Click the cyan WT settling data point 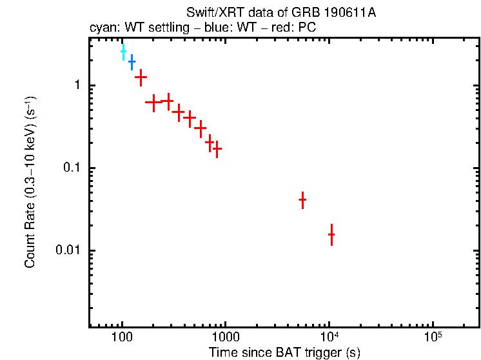click(x=123, y=52)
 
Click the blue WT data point click(x=132, y=62)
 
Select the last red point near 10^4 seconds click(x=331, y=235)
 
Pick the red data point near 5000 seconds click(x=302, y=200)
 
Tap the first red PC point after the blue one click(x=141, y=77)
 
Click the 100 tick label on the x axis click(x=122, y=339)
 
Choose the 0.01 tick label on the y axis click(x=68, y=250)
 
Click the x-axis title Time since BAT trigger click(x=284, y=352)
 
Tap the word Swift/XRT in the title click(x=210, y=14)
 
